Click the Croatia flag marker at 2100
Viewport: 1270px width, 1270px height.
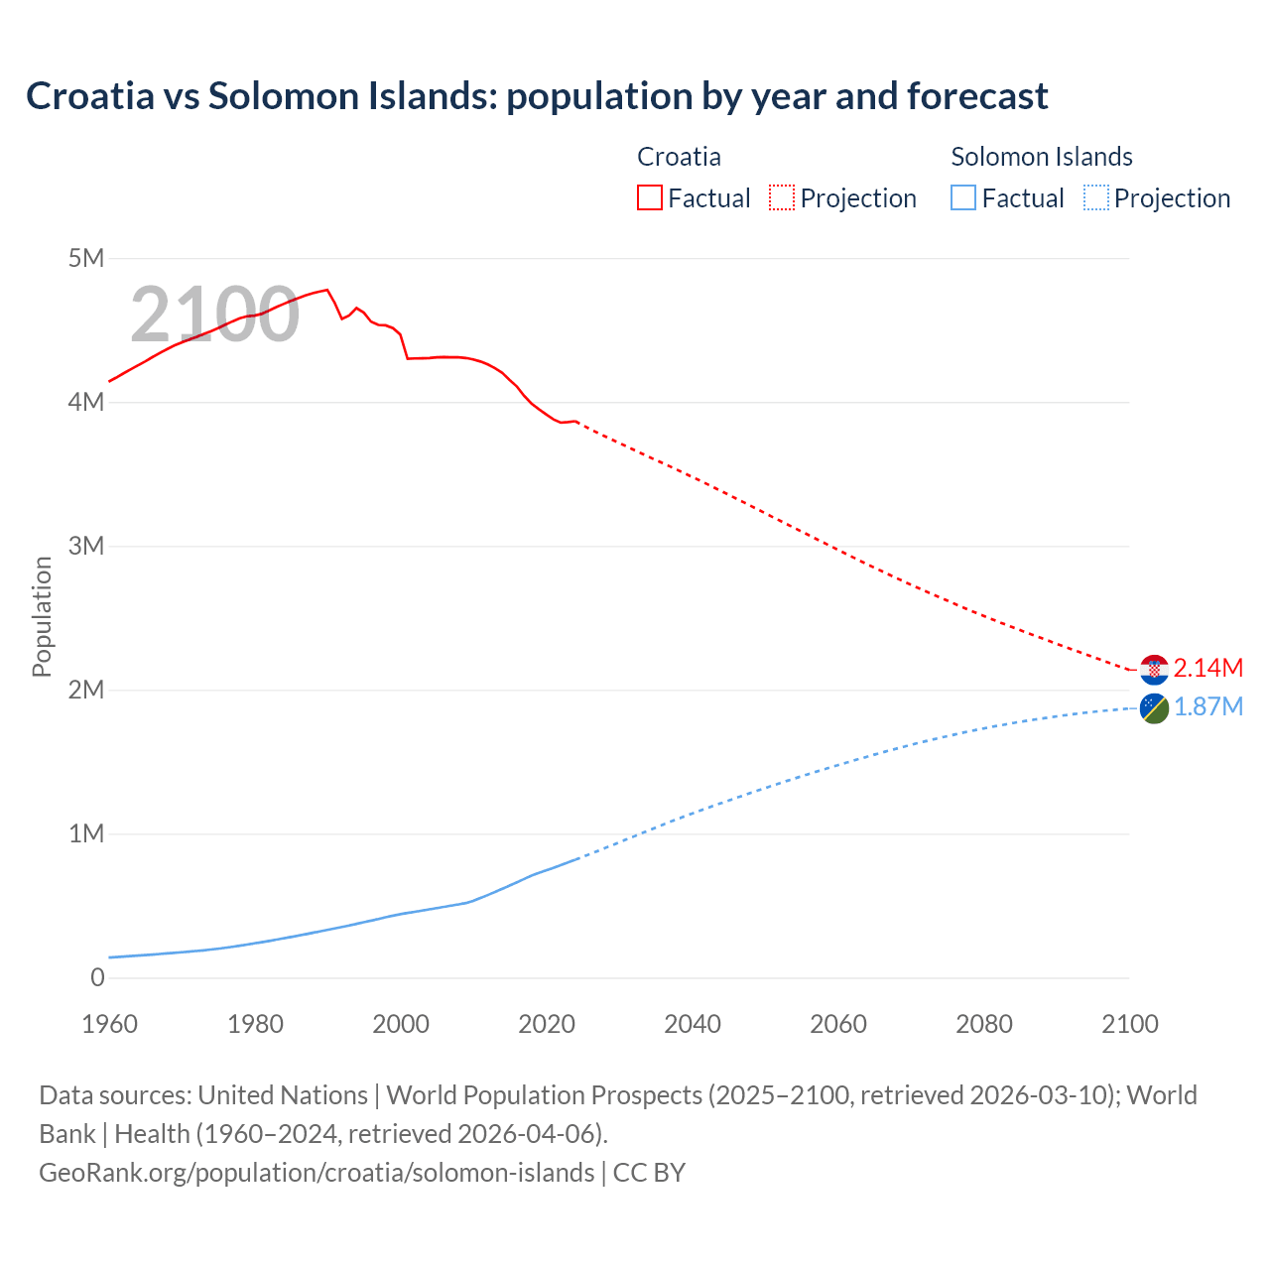1154,670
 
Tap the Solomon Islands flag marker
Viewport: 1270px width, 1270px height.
1154,708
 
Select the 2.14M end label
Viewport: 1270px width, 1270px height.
1207,668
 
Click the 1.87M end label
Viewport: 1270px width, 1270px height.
1207,706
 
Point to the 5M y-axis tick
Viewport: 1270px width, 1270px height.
86,259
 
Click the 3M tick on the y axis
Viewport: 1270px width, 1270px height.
86,546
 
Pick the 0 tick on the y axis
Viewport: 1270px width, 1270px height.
97,977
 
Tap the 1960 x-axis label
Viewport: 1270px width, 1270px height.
109,1024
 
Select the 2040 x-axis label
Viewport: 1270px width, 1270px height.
693,1024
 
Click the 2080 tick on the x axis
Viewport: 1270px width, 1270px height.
984,1024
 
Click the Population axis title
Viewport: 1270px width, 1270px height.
42,616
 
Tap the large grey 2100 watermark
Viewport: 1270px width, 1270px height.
214,315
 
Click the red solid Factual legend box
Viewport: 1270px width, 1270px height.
649,197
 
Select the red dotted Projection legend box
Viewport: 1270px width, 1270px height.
782,197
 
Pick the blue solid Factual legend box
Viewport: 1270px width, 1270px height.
963,197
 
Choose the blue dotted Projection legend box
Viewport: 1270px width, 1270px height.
1096,197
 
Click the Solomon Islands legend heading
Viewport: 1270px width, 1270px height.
1042,157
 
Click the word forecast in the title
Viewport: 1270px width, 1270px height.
976,96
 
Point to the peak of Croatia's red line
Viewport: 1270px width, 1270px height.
326,290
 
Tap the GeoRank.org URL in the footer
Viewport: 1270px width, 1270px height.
317,1172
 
